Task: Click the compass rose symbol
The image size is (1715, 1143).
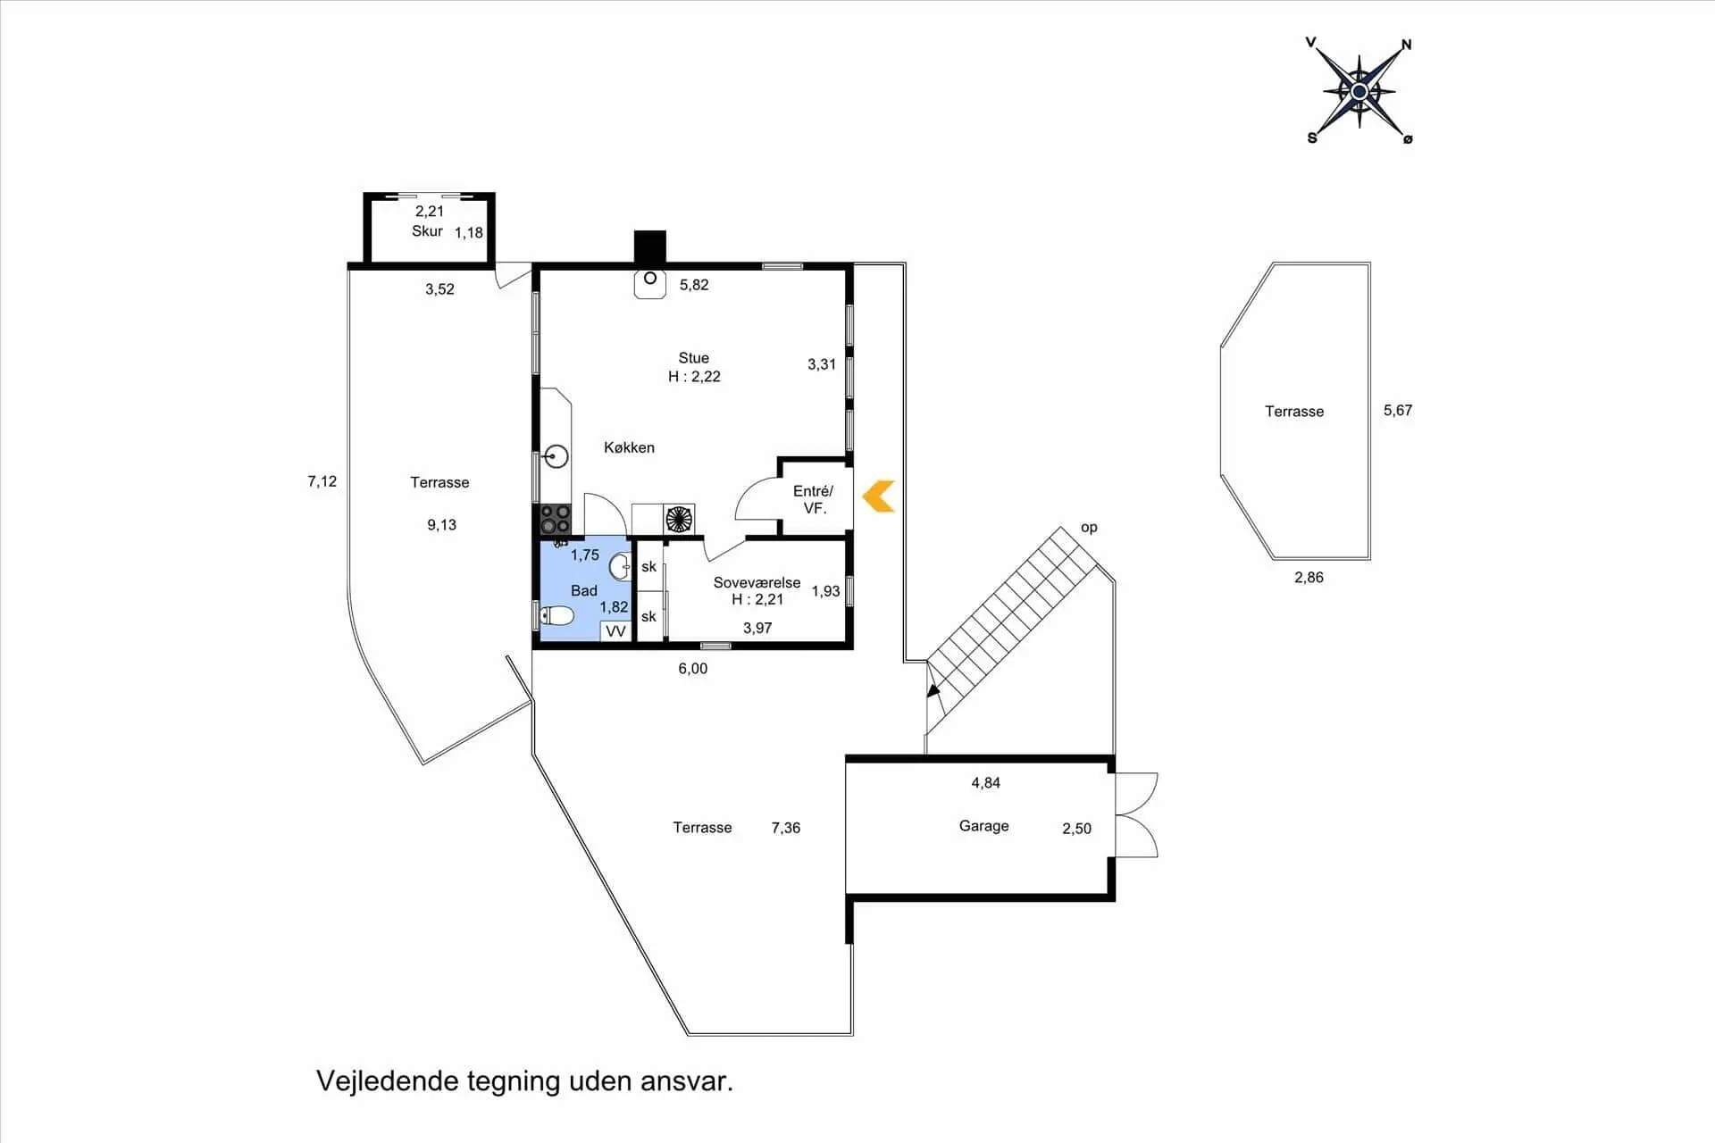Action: pos(1359,91)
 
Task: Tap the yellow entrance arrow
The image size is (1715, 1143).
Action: pos(879,496)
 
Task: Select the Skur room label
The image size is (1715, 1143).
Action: pos(427,231)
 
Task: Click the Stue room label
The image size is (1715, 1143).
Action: pos(693,358)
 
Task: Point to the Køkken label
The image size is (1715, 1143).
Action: pos(629,447)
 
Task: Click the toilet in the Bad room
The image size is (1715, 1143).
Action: pos(557,615)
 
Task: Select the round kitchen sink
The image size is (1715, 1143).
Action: pos(556,456)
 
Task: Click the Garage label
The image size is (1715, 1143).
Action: pos(983,826)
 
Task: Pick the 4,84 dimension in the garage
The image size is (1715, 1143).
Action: pos(985,783)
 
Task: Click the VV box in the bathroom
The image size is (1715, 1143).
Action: pos(615,631)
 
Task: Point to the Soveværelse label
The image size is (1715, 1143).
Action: pos(757,582)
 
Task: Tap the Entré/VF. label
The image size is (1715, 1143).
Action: pos(813,499)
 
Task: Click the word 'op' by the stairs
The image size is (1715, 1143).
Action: pos(1089,528)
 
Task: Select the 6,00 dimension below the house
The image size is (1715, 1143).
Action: pos(692,669)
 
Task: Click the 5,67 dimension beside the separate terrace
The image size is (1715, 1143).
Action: pos(1398,411)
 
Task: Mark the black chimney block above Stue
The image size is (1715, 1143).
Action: pos(650,246)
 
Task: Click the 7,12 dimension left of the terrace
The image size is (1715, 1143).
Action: pos(322,481)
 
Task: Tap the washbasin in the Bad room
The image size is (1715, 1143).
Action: pos(621,566)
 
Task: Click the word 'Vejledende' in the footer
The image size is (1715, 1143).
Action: pos(387,1081)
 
